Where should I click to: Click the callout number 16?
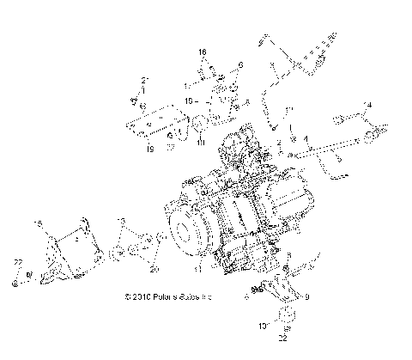tap(203, 52)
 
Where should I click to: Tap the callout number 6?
tap(240, 64)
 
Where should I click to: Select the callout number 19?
tap(149, 148)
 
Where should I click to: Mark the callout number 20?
tap(155, 270)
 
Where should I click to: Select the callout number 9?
tap(306, 298)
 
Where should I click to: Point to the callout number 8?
tap(247, 102)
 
